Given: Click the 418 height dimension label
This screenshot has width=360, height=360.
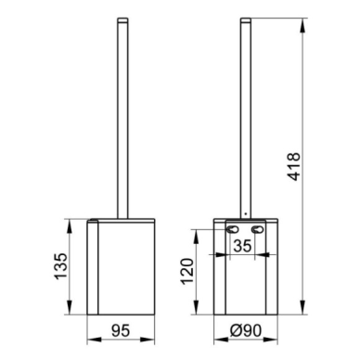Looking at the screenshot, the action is coord(293,166).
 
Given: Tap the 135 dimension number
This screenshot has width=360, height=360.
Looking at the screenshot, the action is coord(60,266).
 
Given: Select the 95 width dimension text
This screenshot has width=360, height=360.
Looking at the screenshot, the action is coord(121,331).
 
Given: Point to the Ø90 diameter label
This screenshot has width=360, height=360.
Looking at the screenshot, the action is coord(246,330).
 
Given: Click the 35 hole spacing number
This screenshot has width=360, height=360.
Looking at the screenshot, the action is coord(242,246).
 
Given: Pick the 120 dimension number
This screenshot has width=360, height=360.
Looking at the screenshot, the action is coord(187,271).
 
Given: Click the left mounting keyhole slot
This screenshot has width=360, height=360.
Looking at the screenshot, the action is coord(233,229).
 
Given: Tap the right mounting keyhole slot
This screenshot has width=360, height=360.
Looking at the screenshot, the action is coord(258,229).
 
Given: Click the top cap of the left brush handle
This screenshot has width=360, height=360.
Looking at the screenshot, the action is coord(122,19).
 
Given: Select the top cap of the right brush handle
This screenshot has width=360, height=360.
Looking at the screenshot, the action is coord(246,19).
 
